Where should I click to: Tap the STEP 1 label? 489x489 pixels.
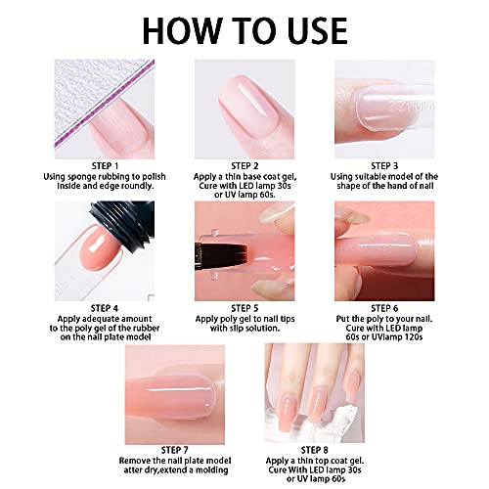coord(105,166)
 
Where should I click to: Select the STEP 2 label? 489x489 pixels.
coord(244,166)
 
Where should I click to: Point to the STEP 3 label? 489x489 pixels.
coord(384,166)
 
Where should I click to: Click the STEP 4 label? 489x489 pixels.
coord(105,308)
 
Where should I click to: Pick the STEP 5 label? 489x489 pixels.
coord(244,308)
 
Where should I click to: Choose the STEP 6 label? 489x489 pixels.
coord(384,308)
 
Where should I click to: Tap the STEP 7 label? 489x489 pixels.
coord(175,450)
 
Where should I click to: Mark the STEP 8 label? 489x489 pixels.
coord(314,450)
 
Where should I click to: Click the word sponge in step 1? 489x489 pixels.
coord(82,177)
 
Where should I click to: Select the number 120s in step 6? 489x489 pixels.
coord(412,336)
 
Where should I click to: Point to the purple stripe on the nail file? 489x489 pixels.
coord(105,105)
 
